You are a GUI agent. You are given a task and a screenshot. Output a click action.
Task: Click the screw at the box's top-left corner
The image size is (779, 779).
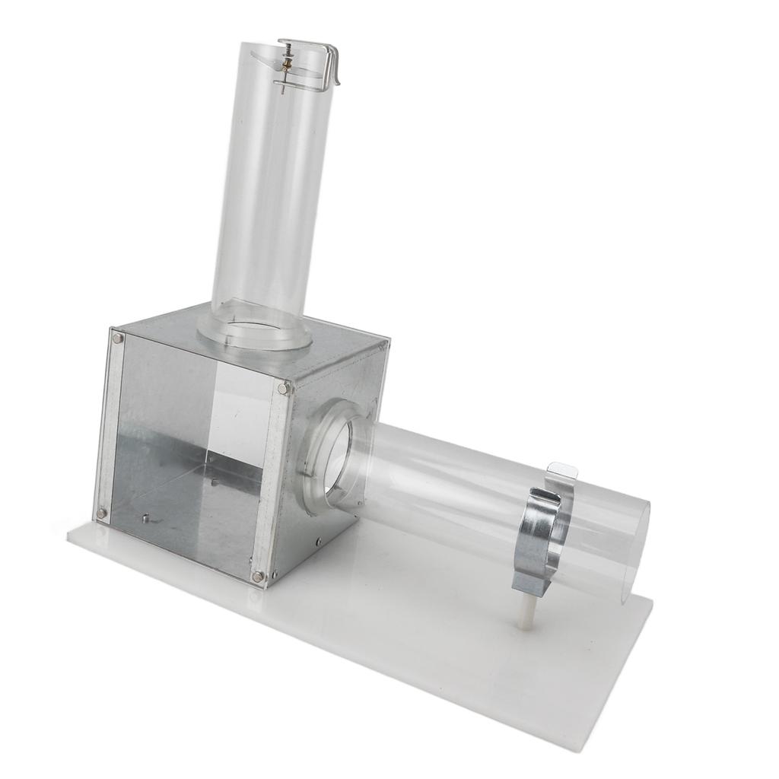(117, 338)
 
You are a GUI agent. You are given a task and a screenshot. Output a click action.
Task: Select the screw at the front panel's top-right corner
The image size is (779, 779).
(283, 389)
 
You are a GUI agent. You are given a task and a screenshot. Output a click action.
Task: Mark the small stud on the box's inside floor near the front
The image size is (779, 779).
(145, 520)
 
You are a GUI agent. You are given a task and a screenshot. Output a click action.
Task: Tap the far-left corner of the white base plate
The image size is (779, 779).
(69, 535)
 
